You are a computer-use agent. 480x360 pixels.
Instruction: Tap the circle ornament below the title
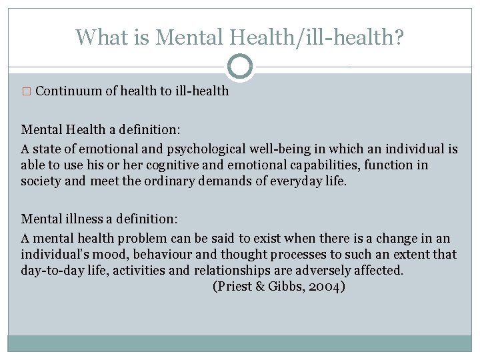240,67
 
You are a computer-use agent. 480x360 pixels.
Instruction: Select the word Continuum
68,91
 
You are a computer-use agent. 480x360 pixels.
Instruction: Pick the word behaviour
153,254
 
